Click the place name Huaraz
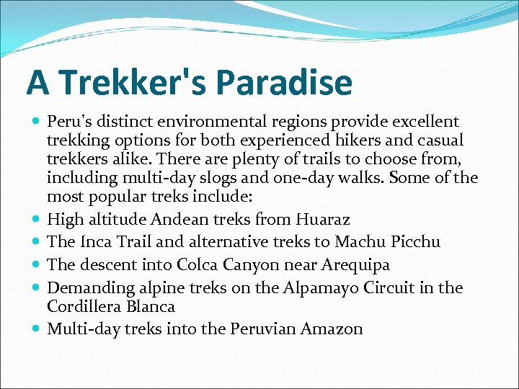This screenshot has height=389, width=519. pyautogui.click(x=309, y=218)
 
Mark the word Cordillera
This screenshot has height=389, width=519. pyautogui.click(x=83, y=306)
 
